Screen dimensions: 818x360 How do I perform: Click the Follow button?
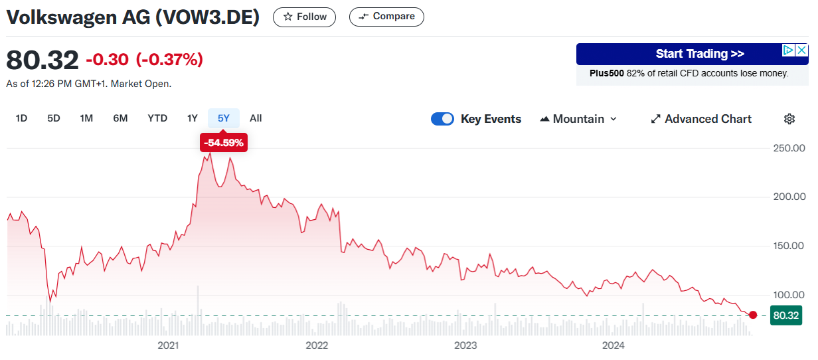[x=304, y=17]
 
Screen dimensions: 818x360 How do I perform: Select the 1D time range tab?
[x=21, y=118]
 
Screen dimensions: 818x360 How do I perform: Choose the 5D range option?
[x=54, y=118]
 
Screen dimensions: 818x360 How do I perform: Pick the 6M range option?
[x=120, y=118]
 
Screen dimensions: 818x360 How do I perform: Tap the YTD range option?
[x=157, y=118]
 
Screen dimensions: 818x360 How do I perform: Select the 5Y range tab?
[x=224, y=118]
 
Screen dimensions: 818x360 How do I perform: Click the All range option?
[x=256, y=118]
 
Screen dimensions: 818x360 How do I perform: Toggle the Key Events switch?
[x=442, y=119]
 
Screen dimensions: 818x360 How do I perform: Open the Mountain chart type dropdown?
[x=578, y=119]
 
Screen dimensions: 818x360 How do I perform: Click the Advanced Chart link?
[x=701, y=119]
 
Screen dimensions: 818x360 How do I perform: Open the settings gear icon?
[x=789, y=119]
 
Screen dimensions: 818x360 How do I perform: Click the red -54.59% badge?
[x=224, y=143]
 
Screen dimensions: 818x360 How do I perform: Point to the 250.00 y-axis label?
[x=789, y=148]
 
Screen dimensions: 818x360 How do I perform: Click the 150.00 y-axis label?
[x=789, y=246]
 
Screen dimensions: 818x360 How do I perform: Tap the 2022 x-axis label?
[x=317, y=345]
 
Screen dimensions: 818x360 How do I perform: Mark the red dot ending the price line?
[x=753, y=315]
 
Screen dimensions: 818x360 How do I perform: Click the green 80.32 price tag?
[x=786, y=315]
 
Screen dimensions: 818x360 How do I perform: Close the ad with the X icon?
[x=801, y=50]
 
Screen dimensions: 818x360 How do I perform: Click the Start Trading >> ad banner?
[x=692, y=54]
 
